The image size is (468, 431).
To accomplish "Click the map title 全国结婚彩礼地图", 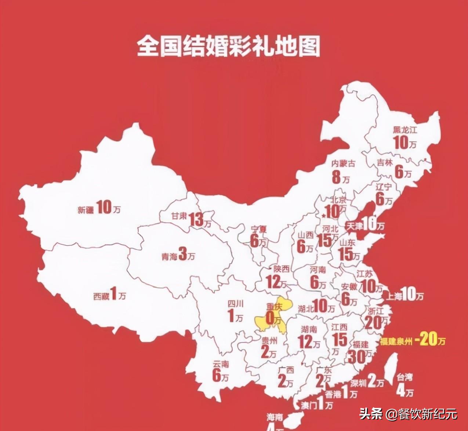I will click(228, 46).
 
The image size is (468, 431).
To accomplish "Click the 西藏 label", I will click(101, 296).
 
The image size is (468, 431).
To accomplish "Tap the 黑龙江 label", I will click(405, 129).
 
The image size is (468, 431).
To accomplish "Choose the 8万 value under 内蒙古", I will click(341, 177).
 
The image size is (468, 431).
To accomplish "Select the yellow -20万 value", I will click(430, 340).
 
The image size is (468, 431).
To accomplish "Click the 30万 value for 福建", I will click(359, 356).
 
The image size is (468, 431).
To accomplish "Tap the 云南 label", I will click(221, 364).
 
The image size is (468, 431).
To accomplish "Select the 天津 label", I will click(354, 227).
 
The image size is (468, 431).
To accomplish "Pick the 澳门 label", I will click(309, 406).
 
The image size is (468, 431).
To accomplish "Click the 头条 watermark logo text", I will click(371, 414).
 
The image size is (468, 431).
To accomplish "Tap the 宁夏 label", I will click(258, 230).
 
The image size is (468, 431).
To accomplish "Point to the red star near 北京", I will click(323, 214).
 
